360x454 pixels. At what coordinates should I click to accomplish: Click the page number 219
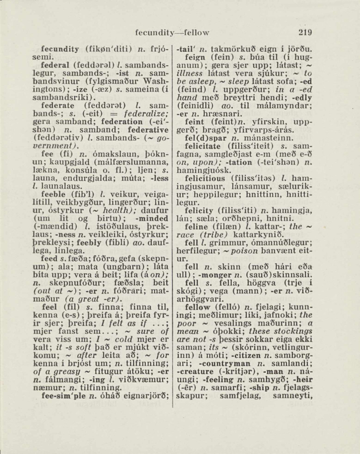[305, 33]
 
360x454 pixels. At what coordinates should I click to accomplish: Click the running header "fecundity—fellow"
[172, 33]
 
